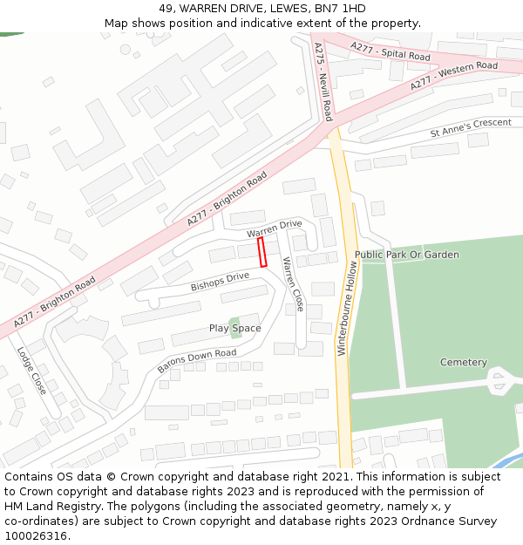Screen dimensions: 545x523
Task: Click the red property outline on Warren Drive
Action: (x=261, y=252)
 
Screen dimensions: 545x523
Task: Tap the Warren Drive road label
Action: (x=274, y=229)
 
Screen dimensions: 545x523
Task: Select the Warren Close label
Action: (x=293, y=283)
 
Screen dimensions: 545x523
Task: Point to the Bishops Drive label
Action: (x=220, y=282)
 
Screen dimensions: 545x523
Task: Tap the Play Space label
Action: (x=234, y=328)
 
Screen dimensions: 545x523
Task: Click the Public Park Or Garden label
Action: (x=406, y=255)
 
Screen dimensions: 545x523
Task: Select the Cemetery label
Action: (x=463, y=362)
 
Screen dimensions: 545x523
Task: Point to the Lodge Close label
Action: (x=31, y=371)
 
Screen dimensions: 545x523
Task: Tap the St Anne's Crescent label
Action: (x=471, y=128)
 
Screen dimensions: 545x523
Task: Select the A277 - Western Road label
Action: (x=453, y=76)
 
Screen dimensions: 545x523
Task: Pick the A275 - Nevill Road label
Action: (x=323, y=83)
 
